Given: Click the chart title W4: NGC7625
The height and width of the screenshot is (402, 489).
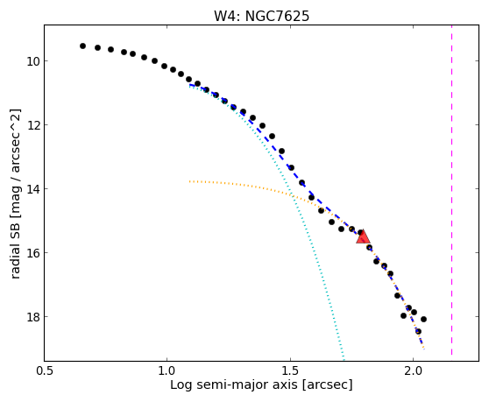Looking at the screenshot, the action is point(261,16).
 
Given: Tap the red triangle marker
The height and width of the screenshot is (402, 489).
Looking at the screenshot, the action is point(363,236).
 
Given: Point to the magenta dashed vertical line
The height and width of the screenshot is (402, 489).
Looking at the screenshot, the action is point(451,190).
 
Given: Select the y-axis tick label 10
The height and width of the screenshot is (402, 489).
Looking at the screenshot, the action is point(33,61).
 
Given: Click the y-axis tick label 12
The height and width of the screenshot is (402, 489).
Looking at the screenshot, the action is point(33,125).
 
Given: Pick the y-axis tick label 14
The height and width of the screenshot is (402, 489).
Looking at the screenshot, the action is point(33,189).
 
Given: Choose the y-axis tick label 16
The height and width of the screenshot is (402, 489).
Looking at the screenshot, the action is point(33,253).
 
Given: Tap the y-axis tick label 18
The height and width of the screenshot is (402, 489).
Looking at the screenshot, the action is point(33,317).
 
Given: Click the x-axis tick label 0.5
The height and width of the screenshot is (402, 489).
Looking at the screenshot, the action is point(45,371).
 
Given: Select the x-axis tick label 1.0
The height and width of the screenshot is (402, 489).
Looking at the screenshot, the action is point(167,371).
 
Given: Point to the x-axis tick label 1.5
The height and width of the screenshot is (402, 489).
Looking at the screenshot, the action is point(290,371).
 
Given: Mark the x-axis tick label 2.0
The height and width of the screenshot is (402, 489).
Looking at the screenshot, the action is point(413,371).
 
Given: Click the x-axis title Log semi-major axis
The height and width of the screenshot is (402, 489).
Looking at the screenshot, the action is point(234,384).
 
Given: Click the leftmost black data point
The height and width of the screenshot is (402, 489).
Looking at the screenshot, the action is point(82,46).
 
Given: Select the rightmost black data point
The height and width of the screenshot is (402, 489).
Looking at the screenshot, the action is point(423,319).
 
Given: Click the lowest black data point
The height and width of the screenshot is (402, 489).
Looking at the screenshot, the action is point(418,331).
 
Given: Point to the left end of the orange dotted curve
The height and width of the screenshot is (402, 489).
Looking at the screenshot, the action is point(189,181).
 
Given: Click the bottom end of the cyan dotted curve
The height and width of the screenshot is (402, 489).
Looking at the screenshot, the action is point(344,357).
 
